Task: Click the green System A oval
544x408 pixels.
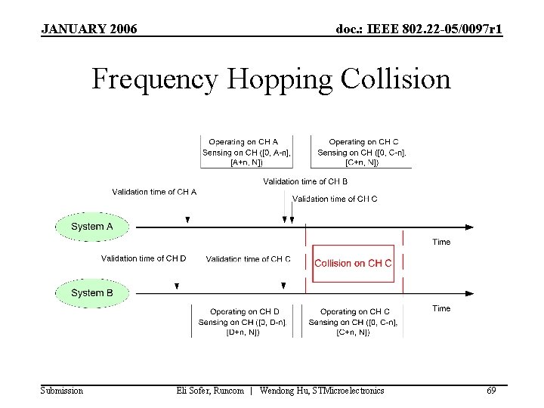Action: coord(91,227)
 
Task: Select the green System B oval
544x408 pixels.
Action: coord(91,292)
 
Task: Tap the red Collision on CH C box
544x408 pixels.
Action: coord(353,263)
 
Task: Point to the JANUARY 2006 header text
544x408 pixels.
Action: coord(89,29)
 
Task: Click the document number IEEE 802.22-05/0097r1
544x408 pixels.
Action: coord(419,29)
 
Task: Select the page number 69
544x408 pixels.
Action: coord(491,391)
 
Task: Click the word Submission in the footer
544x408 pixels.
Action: coord(62,391)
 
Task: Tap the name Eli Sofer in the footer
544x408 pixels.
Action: coord(196,391)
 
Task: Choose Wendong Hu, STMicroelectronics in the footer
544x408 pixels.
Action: coord(322,391)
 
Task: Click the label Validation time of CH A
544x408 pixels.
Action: coord(154,192)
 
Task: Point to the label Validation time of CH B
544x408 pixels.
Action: coord(305,181)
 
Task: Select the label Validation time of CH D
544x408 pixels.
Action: coord(144,258)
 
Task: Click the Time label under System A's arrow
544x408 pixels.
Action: coord(441,242)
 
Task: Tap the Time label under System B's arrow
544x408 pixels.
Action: coord(441,308)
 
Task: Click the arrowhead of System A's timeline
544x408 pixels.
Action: coord(469,227)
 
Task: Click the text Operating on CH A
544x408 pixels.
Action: coord(243,142)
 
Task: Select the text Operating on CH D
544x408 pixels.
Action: coord(245,311)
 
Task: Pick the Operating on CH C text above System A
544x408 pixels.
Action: coord(364,142)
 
